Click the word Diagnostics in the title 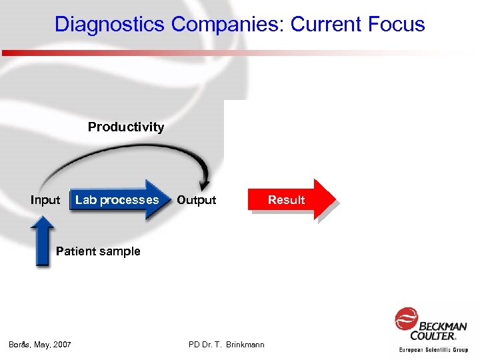pyautogui.click(x=110, y=25)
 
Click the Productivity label pyautogui.click(x=126, y=127)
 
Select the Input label pyautogui.click(x=45, y=200)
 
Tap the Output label pyautogui.click(x=197, y=200)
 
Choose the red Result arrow pyautogui.click(x=287, y=199)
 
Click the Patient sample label pyautogui.click(x=98, y=251)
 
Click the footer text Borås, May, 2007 pyautogui.click(x=40, y=345)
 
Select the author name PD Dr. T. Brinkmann pyautogui.click(x=227, y=345)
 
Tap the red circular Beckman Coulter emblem pyautogui.click(x=406, y=318)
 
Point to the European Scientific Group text pyautogui.click(x=433, y=349)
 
